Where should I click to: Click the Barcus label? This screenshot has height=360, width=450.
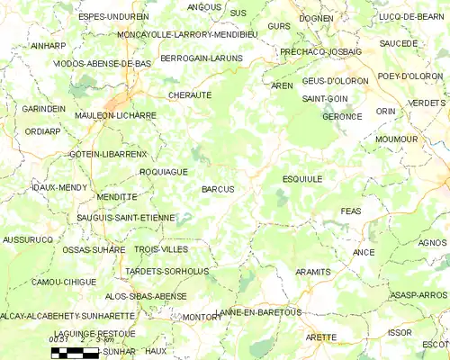click(x=218, y=189)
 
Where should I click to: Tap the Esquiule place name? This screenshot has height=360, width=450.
click(x=301, y=179)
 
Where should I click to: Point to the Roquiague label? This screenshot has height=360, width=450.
click(x=163, y=170)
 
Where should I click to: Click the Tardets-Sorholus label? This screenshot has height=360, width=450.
click(x=167, y=271)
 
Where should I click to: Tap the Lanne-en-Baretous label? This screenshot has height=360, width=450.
click(x=259, y=311)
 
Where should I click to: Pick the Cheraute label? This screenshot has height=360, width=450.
click(x=189, y=94)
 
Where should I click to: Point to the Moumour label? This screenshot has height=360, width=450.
click(x=396, y=139)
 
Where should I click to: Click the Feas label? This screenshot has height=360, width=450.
click(x=351, y=211)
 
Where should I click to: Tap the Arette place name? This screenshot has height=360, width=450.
click(x=320, y=337)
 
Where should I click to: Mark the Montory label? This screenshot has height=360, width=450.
click(x=202, y=317)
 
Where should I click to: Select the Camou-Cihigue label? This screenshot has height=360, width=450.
click(x=64, y=282)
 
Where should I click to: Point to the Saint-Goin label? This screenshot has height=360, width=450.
click(x=326, y=97)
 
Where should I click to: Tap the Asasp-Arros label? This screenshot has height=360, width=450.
click(x=419, y=294)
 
